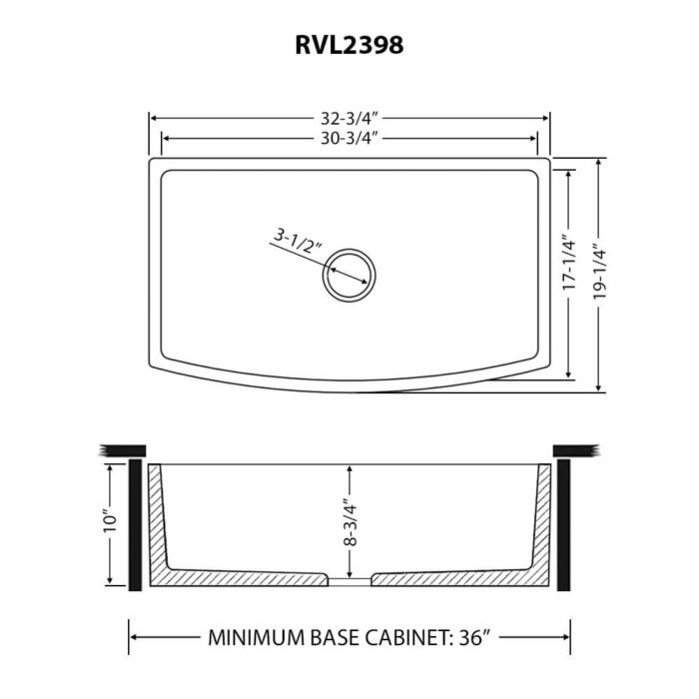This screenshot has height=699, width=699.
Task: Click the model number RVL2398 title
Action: [x=349, y=45]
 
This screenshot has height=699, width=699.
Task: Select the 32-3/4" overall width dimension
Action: [x=349, y=118]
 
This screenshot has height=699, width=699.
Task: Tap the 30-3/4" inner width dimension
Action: [x=349, y=138]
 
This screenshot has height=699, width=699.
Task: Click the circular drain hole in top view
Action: [x=349, y=272]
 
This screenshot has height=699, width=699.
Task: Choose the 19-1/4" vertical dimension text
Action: [x=599, y=272]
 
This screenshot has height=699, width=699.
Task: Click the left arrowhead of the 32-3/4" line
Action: [x=155, y=118]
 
